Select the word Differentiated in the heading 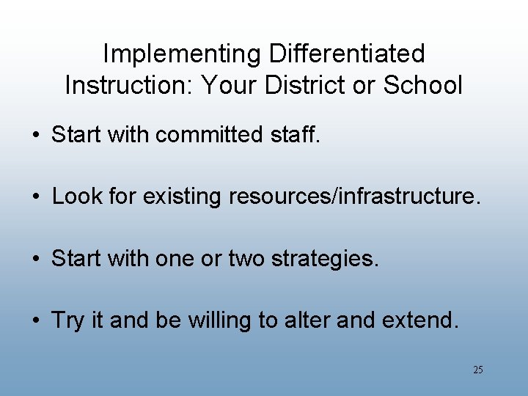tap(347, 54)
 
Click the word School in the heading tap(422, 85)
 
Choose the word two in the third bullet tap(228, 259)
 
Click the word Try tap(68, 321)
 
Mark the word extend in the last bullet tap(424, 321)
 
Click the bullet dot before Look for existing tap(36, 197)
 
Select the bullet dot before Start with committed tap(36, 136)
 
